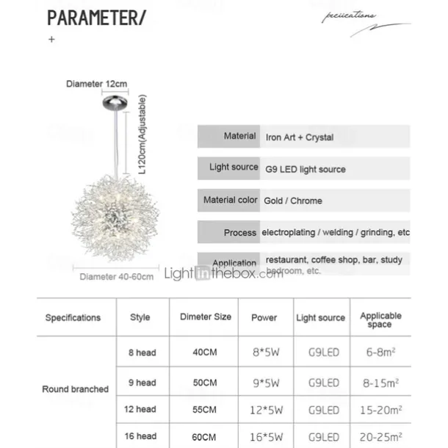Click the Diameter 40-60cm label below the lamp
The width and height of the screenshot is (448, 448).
(117, 277)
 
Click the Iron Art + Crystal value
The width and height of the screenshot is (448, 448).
(300, 137)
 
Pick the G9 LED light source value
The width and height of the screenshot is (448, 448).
(306, 169)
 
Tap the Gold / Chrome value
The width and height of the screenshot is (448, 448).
(294, 200)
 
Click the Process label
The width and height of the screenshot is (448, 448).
(240, 233)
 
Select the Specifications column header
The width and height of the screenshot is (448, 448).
(73, 318)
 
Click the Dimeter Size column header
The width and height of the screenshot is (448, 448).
(205, 317)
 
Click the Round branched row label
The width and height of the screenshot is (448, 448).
(75, 389)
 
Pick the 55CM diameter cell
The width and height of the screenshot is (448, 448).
(205, 409)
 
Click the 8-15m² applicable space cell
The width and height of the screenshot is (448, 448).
(380, 383)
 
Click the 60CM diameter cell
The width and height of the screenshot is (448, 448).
(205, 436)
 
